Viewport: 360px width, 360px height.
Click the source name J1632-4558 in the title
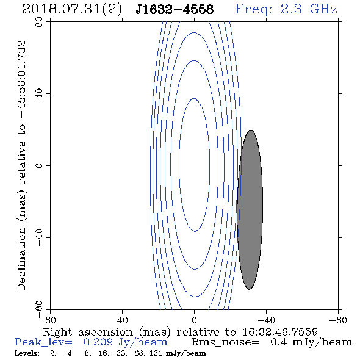(x=175, y=9)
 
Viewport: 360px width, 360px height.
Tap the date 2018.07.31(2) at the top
(x=72, y=10)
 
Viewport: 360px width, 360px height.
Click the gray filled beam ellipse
(x=250, y=210)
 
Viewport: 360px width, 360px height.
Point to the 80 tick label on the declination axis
(x=39, y=22)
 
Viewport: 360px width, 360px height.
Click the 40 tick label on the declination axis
(x=39, y=94)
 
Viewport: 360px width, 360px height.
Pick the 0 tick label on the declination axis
(x=39, y=165)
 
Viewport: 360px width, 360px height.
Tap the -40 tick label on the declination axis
(x=39, y=237)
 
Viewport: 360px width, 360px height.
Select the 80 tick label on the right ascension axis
(x=50, y=320)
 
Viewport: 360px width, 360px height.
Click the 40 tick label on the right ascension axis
(x=122, y=320)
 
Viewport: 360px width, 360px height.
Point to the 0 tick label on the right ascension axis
(x=194, y=320)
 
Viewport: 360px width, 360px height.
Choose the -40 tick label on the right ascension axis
(x=266, y=320)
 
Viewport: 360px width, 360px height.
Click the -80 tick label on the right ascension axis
(x=338, y=320)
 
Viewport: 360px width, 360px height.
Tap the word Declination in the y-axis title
(x=21, y=259)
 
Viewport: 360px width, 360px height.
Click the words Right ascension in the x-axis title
(x=88, y=332)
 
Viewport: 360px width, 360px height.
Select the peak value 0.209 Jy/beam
(x=125, y=342)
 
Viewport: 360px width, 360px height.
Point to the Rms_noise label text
(x=225, y=342)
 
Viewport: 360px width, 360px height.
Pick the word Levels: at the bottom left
(x=27, y=353)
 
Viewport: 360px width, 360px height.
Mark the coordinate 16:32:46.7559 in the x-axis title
(x=280, y=332)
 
